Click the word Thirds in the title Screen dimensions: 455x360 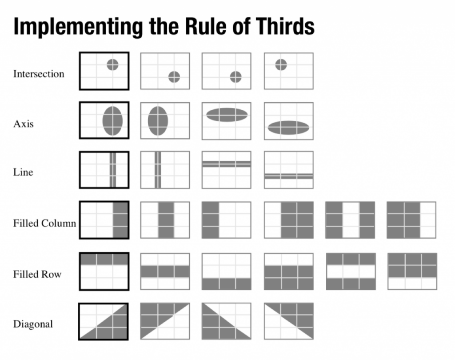click(285, 26)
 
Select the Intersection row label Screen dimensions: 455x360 click(39, 74)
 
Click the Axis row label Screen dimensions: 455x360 click(23, 124)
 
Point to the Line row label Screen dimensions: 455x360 click(23, 172)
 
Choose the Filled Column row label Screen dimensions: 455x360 click(45, 223)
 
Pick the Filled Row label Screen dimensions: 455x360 click(37, 274)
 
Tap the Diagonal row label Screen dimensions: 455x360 click(33, 324)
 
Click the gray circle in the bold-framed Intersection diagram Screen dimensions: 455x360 click(112, 65)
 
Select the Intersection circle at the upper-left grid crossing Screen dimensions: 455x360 click(281, 65)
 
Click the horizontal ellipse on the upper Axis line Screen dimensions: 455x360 click(227, 115)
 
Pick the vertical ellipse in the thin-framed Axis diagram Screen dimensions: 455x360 click(158, 121)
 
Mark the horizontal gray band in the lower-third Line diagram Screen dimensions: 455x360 click(289, 176)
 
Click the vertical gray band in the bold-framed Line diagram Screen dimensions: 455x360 click(112, 170)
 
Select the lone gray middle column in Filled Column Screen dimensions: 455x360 click(166, 220)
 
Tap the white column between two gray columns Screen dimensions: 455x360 click(351, 220)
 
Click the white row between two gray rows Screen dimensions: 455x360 click(351, 272)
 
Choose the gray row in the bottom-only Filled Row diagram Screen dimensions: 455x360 click(227, 284)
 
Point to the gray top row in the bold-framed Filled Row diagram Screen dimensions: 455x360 click(104, 259)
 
